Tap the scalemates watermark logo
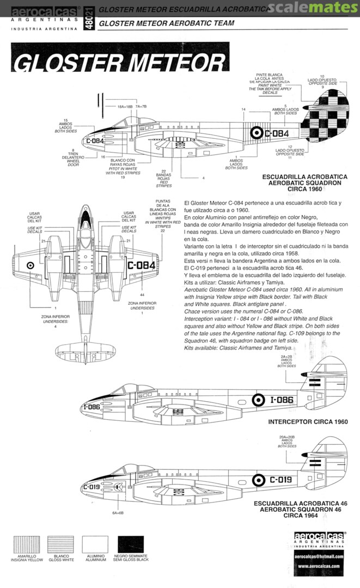coord(316,7)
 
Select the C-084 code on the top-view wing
coord(142,265)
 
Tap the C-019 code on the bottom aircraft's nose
coord(91,487)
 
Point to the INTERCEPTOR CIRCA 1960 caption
coord(308,422)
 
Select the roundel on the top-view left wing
coord(31,265)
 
